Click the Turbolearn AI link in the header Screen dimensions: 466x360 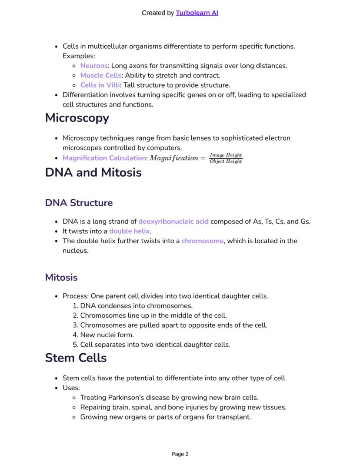coord(197,13)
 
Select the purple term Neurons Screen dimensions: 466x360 coord(94,66)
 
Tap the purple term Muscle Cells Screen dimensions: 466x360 coord(101,75)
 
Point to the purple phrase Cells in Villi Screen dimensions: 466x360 coord(100,85)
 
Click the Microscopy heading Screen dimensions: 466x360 coord(77,118)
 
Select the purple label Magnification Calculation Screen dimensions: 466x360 coord(104,158)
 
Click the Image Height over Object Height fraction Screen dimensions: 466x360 coord(226,158)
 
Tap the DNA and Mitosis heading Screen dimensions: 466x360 coord(93,172)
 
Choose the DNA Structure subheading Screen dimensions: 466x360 coord(79,203)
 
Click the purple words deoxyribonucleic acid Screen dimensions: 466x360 coord(173,221)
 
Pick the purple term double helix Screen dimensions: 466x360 coord(129,231)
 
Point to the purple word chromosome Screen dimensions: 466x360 coord(203,241)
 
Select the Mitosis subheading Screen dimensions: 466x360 coord(61,278)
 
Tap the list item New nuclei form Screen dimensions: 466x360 coord(107,335)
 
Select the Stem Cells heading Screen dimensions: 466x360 coord(76,358)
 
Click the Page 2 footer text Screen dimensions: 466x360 coord(180,454)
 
